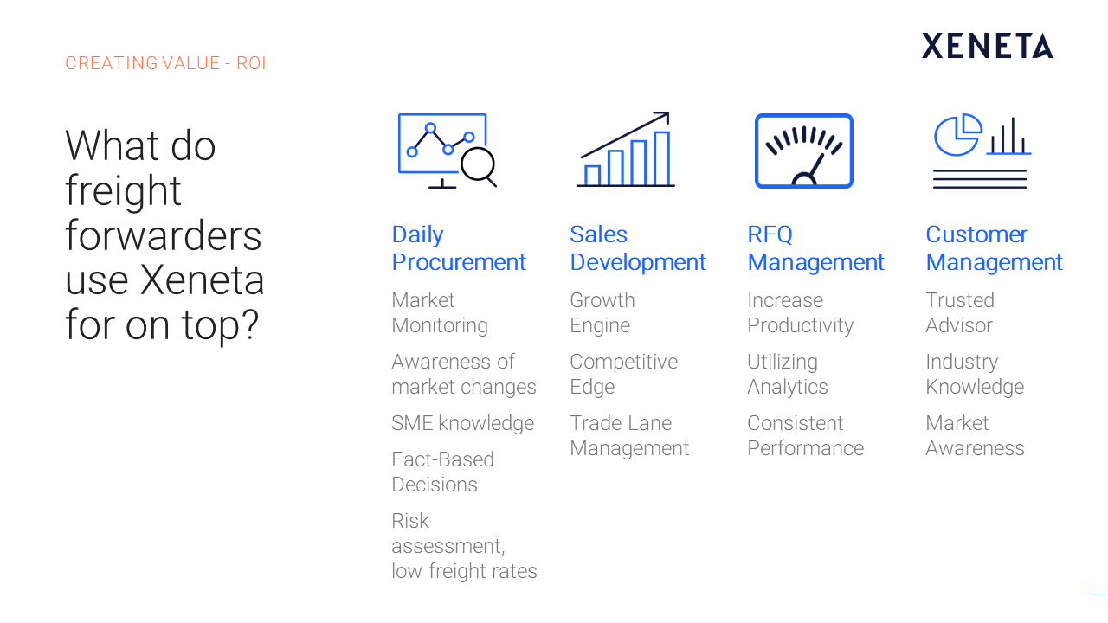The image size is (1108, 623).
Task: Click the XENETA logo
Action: [988, 46]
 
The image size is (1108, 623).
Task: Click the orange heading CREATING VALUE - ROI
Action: [165, 63]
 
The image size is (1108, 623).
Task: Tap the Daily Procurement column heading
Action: [459, 248]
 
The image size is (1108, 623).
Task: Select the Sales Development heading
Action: [638, 248]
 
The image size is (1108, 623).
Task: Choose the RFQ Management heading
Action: [815, 248]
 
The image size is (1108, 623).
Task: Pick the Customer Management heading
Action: [995, 248]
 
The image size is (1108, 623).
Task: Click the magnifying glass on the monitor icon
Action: [479, 167]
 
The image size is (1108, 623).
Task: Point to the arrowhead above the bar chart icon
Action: [663, 118]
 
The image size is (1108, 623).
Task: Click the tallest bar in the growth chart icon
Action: [662, 158]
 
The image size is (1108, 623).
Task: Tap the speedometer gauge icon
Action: [804, 151]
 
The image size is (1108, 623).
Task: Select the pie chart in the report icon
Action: [957, 134]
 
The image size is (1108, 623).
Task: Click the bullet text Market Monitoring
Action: [440, 312]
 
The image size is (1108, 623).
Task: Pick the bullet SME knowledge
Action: [462, 424]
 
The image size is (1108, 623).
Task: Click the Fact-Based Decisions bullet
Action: [442, 472]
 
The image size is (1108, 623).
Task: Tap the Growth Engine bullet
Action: [602, 312]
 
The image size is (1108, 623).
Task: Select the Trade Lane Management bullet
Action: [629, 435]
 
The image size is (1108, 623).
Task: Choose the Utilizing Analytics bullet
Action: [788, 375]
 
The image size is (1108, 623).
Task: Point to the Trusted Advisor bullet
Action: [960, 312]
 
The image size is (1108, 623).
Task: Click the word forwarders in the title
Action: [164, 235]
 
